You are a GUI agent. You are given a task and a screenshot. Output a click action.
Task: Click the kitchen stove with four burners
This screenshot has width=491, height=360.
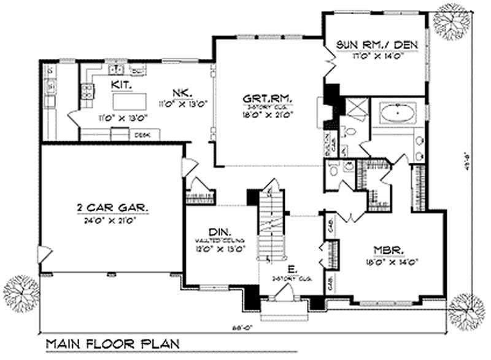pyautogui.click(x=51, y=93)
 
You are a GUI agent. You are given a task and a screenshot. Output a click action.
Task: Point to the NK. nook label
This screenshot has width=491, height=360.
pyautogui.click(x=180, y=93)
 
